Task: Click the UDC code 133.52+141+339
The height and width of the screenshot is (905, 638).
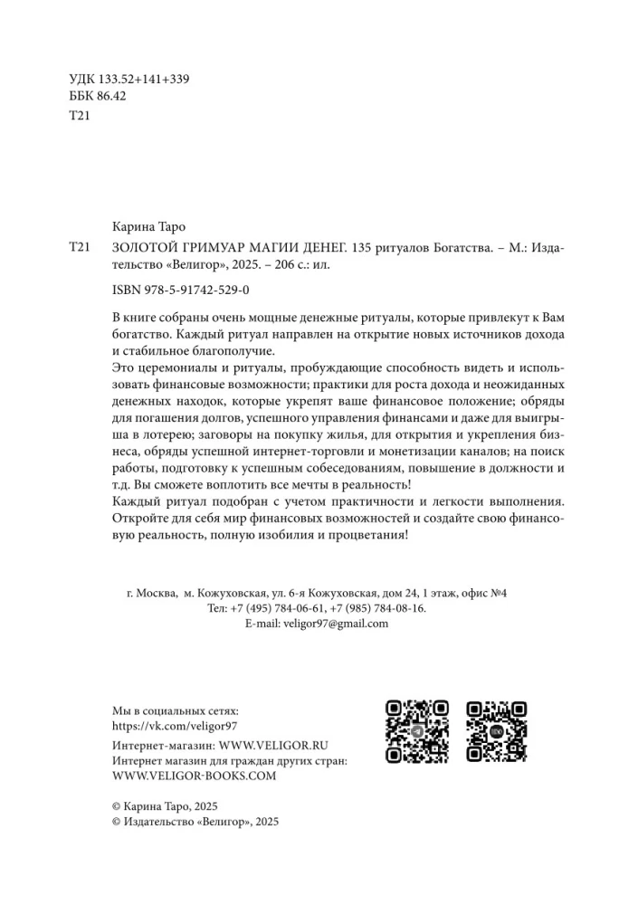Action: pyautogui.click(x=144, y=78)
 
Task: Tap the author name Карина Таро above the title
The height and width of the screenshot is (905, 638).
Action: pyautogui.click(x=152, y=226)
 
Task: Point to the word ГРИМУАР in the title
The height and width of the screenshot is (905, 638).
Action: pyautogui.click(x=214, y=248)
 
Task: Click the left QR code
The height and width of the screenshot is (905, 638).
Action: pyautogui.click(x=417, y=733)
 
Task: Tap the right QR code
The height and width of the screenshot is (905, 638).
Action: pyautogui.click(x=497, y=733)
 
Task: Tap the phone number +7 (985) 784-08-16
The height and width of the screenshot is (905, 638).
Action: pyautogui.click(x=378, y=608)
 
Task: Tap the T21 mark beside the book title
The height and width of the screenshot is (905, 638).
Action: pyautogui.click(x=81, y=248)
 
